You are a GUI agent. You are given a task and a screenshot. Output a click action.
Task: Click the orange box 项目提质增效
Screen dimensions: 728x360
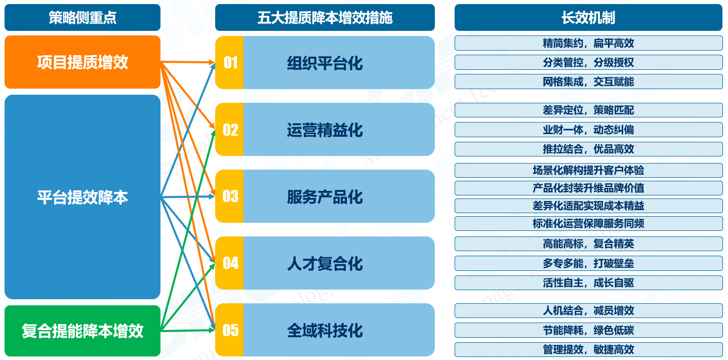click(83, 62)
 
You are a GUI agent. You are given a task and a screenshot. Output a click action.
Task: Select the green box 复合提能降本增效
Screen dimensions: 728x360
click(83, 331)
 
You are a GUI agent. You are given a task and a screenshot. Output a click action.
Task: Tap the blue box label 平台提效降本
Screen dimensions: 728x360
click(83, 197)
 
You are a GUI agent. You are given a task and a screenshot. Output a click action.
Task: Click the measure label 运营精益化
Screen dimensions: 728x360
click(325, 130)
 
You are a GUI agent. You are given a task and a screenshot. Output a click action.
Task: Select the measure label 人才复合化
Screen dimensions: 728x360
click(325, 263)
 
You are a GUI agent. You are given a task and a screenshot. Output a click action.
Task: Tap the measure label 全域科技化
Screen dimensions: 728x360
click(325, 331)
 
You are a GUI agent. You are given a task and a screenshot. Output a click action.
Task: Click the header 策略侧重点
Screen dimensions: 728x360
click(83, 18)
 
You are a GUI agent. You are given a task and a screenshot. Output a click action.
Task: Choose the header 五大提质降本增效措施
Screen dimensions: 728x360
click(325, 18)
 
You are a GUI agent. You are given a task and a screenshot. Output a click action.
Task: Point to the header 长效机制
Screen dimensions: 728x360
click(589, 18)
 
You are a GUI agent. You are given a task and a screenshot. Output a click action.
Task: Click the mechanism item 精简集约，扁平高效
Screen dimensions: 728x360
click(589, 43)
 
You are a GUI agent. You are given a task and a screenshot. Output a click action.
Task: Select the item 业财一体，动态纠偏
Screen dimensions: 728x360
click(589, 130)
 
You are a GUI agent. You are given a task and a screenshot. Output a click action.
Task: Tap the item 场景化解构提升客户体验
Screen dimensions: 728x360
click(589, 170)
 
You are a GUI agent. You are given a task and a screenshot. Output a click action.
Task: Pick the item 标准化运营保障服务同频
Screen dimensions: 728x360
click(589, 223)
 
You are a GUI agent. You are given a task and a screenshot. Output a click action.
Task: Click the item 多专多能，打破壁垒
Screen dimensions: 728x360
click(589, 263)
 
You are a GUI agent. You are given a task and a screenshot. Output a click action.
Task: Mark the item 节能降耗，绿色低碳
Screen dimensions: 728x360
click(589, 330)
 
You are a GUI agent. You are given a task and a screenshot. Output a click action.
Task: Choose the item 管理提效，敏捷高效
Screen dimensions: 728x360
click(589, 349)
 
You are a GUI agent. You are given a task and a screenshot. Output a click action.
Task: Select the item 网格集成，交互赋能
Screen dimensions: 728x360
click(589, 82)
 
